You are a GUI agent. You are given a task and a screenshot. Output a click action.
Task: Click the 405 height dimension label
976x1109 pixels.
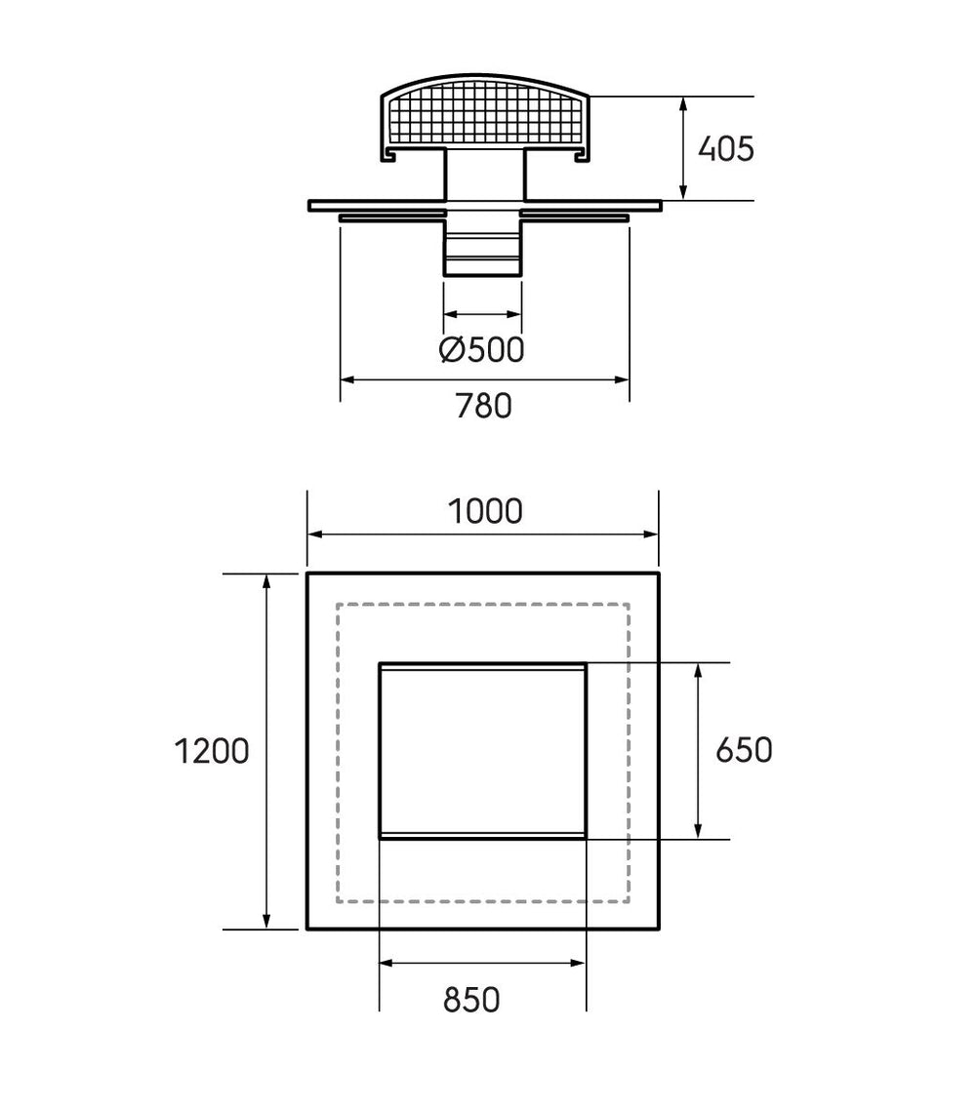pos(725,149)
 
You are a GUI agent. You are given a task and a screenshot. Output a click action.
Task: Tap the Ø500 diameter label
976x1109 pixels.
pos(482,349)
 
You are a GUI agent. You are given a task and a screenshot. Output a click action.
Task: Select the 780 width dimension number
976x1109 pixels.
pos(483,406)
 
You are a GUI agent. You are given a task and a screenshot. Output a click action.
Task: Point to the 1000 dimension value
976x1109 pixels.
pos(485,511)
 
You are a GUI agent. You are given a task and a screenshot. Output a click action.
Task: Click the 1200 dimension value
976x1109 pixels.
pos(212,751)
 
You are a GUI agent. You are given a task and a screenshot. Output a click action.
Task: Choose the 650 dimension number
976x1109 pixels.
pos(744,750)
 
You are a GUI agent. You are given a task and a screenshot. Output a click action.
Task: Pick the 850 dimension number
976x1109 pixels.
pos(471,1000)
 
